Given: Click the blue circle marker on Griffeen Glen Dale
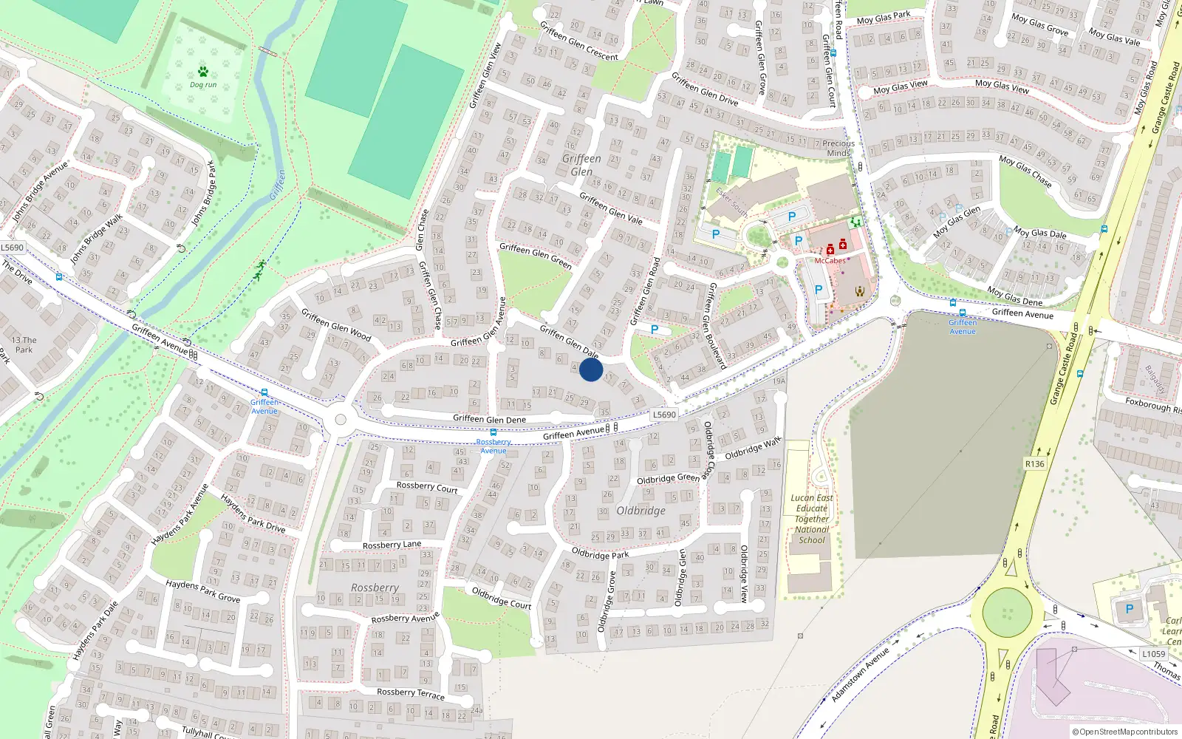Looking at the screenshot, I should pyautogui.click(x=591, y=369).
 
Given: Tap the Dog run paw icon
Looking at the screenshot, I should pyautogui.click(x=203, y=72).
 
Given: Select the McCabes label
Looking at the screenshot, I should pyautogui.click(x=830, y=260).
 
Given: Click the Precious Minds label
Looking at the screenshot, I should pyautogui.click(x=838, y=149).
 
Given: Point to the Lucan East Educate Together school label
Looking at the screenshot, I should pyautogui.click(x=812, y=519).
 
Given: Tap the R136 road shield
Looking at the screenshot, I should pyautogui.click(x=1034, y=464).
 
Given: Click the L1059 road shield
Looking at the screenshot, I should pyautogui.click(x=1153, y=654).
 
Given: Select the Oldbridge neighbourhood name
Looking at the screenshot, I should pyautogui.click(x=640, y=511).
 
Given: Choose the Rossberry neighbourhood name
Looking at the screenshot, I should pyautogui.click(x=375, y=588).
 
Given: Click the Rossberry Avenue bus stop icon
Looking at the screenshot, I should pyautogui.click(x=493, y=432).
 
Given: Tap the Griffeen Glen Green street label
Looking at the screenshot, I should pyautogui.click(x=536, y=256).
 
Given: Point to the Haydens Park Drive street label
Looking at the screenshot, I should pyautogui.click(x=253, y=514).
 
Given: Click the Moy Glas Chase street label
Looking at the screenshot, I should pyautogui.click(x=1025, y=171).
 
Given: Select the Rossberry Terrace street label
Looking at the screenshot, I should pyautogui.click(x=411, y=693).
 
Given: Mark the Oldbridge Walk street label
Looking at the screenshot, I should pyautogui.click(x=753, y=448).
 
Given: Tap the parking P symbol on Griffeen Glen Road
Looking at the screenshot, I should pyautogui.click(x=654, y=330).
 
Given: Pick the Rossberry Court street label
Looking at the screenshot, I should pyautogui.click(x=427, y=487).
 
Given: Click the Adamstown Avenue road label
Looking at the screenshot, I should pyautogui.click(x=861, y=675).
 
